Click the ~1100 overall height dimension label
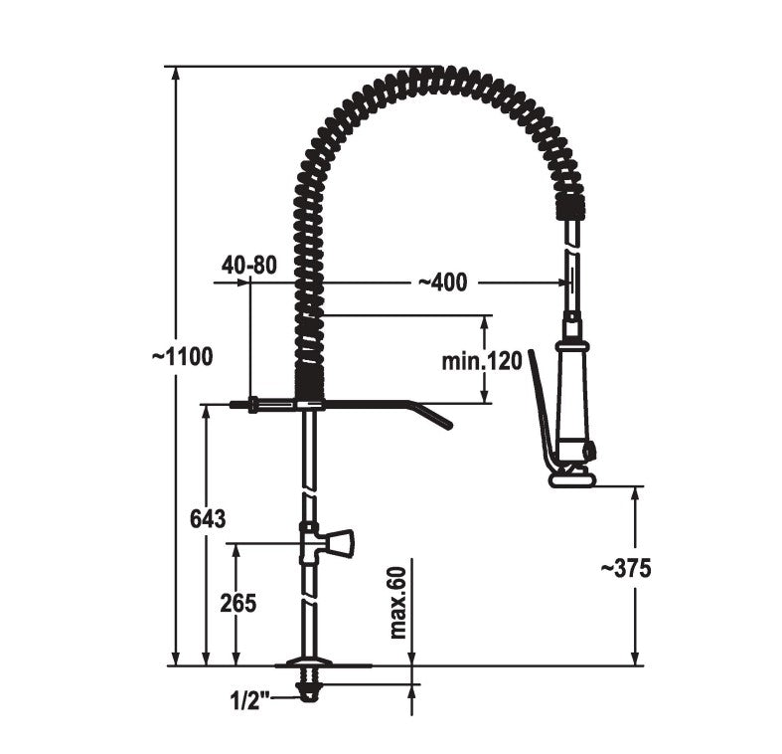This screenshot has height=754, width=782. tap(183, 356)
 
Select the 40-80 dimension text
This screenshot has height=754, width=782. tap(248, 266)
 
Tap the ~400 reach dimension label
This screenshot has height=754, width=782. tap(442, 283)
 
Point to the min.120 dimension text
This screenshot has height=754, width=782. tap(482, 360)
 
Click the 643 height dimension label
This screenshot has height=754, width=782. tap(208, 519)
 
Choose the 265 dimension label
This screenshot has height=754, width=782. tap(237, 603)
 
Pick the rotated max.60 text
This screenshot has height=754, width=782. tap(399, 603)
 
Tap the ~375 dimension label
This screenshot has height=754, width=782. tap(626, 568)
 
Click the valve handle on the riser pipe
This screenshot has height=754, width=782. tap(340, 543)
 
